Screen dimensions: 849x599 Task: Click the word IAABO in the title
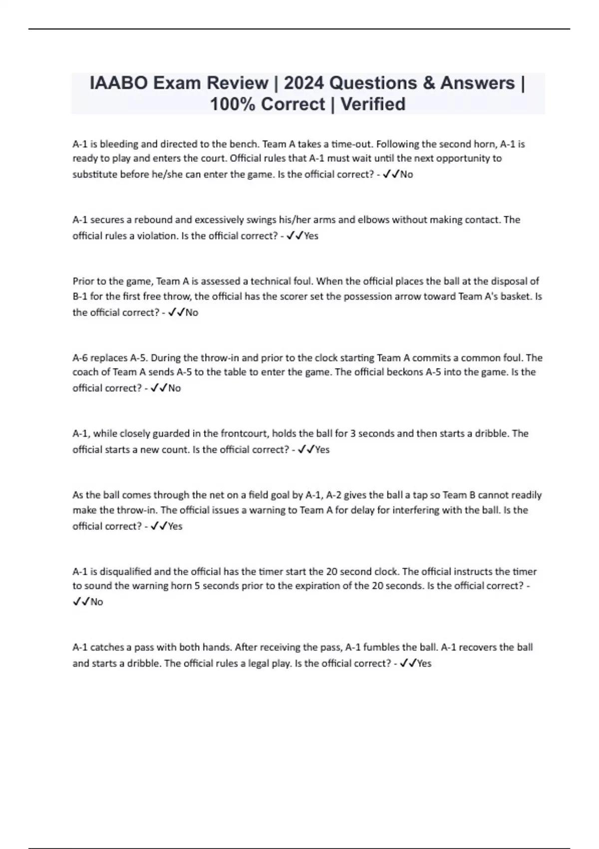point(118,83)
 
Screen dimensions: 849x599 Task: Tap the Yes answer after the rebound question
point(311,236)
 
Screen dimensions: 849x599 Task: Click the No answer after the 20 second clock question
point(97,602)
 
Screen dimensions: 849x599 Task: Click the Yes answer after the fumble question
point(424,663)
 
